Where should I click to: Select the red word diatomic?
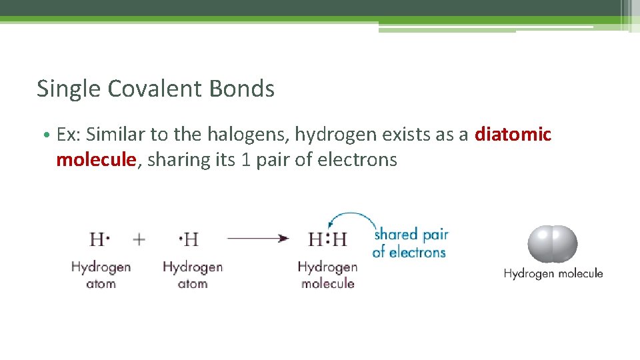pyautogui.click(x=513, y=135)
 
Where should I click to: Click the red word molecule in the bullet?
pyautogui.click(x=96, y=160)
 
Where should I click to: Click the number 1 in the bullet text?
pyautogui.click(x=245, y=161)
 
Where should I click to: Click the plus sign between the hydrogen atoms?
pyautogui.click(x=139, y=239)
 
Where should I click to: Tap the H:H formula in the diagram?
pyautogui.click(x=327, y=239)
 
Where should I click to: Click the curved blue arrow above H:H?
pyautogui.click(x=350, y=219)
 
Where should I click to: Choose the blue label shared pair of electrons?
pyautogui.click(x=409, y=243)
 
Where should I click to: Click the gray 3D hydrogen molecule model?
pyautogui.click(x=553, y=244)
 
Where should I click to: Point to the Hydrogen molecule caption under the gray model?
pyautogui.click(x=553, y=273)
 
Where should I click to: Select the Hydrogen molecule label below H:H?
pyautogui.click(x=327, y=275)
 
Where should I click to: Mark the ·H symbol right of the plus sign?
pyautogui.click(x=189, y=239)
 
